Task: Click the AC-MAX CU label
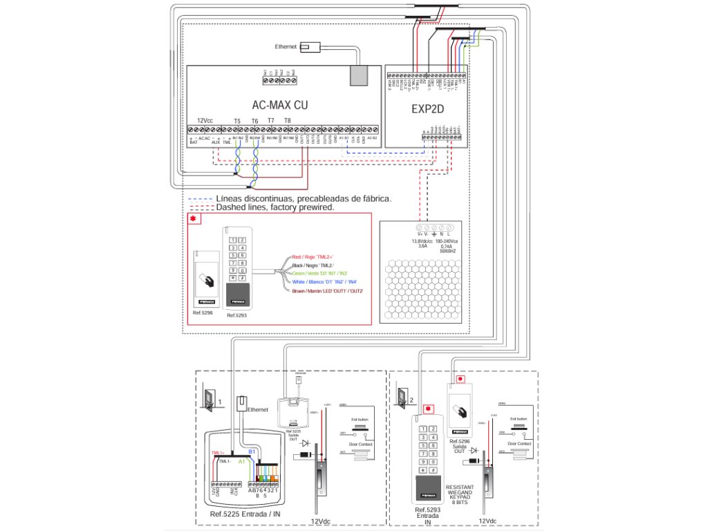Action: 279,105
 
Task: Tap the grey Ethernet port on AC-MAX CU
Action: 358,75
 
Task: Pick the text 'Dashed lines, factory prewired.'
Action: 275,207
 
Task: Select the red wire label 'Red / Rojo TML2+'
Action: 313,257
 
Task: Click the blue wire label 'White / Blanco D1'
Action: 323,282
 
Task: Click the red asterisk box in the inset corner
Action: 193,219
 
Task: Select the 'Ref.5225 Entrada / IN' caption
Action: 245,515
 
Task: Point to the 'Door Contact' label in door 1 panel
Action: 362,444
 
